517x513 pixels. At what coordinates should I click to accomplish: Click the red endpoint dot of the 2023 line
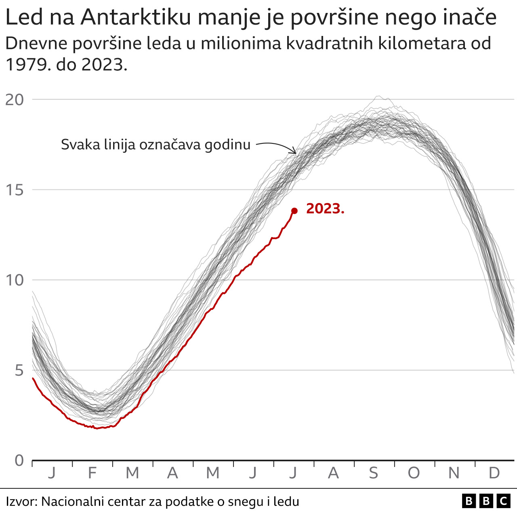point(294,210)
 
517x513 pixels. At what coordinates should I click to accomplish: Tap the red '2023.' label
point(325,209)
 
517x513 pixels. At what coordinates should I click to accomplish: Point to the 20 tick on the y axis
point(15,99)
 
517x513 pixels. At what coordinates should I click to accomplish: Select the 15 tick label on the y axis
point(15,190)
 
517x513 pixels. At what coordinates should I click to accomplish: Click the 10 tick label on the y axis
point(15,280)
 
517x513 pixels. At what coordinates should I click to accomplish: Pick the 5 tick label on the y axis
point(19,370)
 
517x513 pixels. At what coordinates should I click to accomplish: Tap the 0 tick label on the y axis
point(19,460)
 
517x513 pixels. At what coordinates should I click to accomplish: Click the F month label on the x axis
point(92,473)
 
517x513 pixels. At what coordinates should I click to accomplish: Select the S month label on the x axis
point(374,473)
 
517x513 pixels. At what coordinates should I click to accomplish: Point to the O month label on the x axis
point(414,473)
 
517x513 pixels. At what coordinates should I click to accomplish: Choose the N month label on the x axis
point(454,473)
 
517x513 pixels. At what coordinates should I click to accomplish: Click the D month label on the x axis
point(494,473)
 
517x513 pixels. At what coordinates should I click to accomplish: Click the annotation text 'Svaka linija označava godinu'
point(156,145)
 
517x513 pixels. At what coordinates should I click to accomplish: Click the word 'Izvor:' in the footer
point(21,502)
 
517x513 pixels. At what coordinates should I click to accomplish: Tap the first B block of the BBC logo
point(469,501)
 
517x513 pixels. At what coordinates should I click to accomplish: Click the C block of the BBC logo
point(504,501)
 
